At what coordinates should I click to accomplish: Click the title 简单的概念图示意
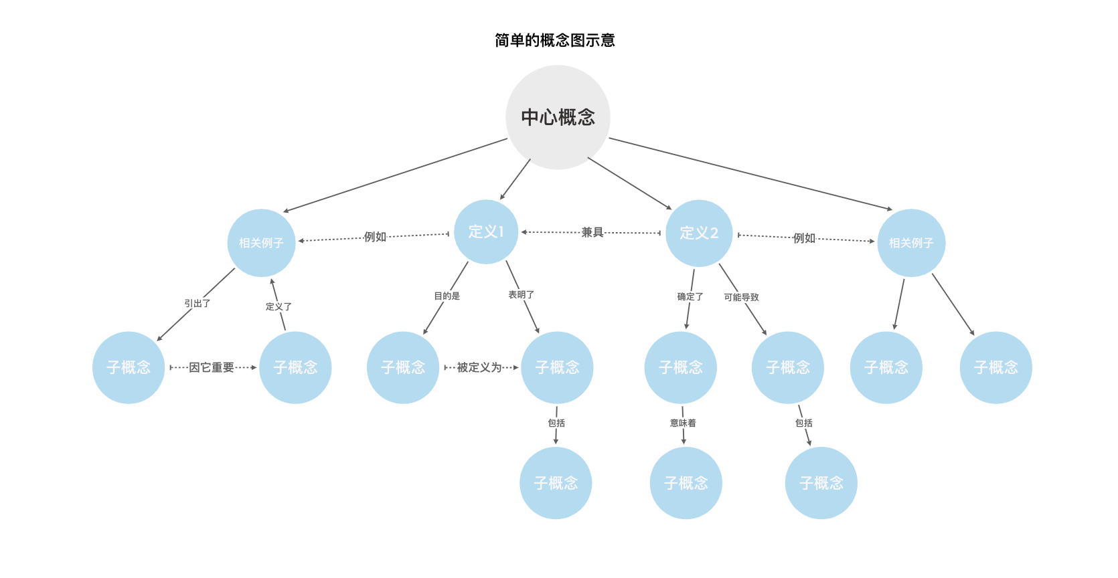[x=554, y=40]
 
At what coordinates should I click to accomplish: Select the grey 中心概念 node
[x=558, y=117]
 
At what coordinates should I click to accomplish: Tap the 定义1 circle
[x=486, y=232]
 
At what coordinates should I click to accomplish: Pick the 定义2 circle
[x=699, y=233]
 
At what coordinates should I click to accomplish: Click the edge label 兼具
[x=592, y=232]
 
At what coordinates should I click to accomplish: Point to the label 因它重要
[x=211, y=367]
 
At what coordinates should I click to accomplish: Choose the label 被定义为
[x=479, y=367]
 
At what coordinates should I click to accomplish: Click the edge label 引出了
[x=197, y=303]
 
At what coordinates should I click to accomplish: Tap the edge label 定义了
[x=278, y=306]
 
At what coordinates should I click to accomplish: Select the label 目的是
[x=447, y=296]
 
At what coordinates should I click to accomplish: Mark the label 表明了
[x=521, y=295]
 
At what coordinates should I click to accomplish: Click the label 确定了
[x=690, y=297]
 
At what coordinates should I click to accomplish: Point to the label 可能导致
[x=741, y=297]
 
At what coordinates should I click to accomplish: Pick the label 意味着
[x=683, y=423]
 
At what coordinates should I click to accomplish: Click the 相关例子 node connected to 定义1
[x=261, y=243]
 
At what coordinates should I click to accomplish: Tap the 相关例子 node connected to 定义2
[x=911, y=243]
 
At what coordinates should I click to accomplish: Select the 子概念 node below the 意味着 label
[x=686, y=483]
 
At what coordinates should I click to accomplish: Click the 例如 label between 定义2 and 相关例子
[x=804, y=238]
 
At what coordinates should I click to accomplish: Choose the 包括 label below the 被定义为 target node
[x=556, y=423]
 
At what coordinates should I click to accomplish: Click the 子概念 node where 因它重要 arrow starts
[x=129, y=367]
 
